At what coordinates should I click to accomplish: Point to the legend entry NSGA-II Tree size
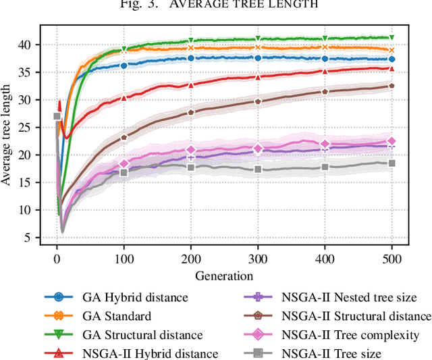(324, 353)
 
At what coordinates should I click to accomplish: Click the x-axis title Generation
(224, 276)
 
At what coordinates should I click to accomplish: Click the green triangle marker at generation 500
(391, 38)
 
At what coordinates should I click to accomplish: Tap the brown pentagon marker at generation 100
(124, 137)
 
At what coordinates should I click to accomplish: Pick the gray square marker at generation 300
(258, 170)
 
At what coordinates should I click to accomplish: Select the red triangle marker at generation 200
(191, 85)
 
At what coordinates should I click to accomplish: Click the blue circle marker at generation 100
(124, 66)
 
